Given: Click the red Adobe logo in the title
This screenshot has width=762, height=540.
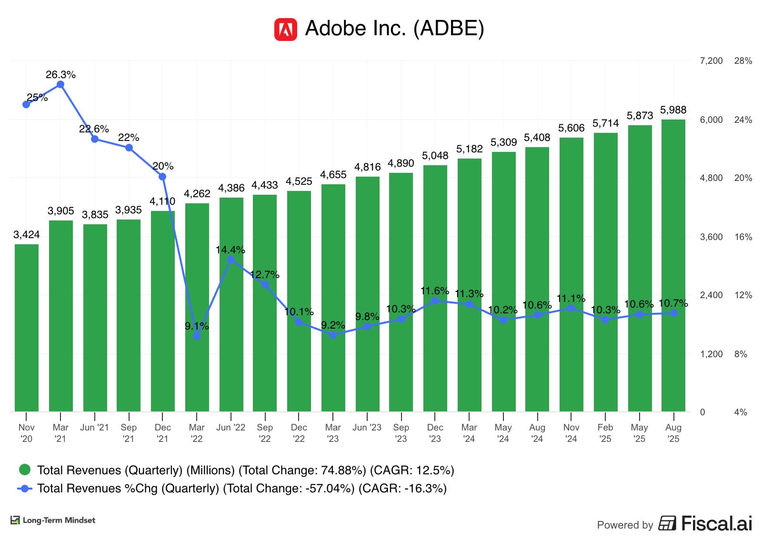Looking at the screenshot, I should tap(285, 30).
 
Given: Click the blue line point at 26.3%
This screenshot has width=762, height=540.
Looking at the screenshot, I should tap(60, 85).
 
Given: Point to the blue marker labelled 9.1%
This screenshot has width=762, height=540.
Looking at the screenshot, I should tap(197, 336).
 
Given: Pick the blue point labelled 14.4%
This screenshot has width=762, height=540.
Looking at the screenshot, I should tap(231, 260).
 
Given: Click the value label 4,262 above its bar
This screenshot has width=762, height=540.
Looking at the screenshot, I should tap(197, 194).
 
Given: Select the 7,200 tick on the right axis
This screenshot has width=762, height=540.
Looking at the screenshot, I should tap(711, 61).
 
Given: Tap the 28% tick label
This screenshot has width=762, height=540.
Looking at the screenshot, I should tap(743, 61).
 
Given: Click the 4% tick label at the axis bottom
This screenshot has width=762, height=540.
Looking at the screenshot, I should tap(741, 412).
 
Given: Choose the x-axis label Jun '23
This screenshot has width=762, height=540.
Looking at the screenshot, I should tap(367, 428).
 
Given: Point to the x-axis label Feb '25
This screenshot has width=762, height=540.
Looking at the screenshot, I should tap(605, 433).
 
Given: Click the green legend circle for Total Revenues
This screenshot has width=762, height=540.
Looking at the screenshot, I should tap(24, 470).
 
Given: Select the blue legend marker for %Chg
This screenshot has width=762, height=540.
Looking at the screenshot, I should tap(25, 489).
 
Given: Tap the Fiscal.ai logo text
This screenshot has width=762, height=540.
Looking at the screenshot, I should tap(717, 523).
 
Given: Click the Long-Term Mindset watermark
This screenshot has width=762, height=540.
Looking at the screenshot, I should tap(53, 520).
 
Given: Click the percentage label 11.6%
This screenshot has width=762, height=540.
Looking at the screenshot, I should tap(435, 291).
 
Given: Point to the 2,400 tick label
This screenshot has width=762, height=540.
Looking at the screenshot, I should tap(711, 295).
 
